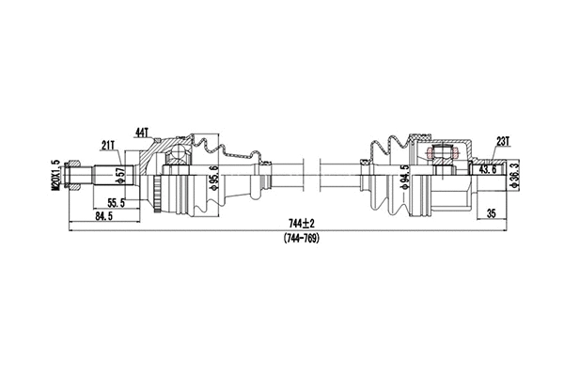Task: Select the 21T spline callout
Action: (x=108, y=144)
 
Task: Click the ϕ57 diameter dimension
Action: (x=119, y=175)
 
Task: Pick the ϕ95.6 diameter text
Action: (x=214, y=175)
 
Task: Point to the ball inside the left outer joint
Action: (x=179, y=154)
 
